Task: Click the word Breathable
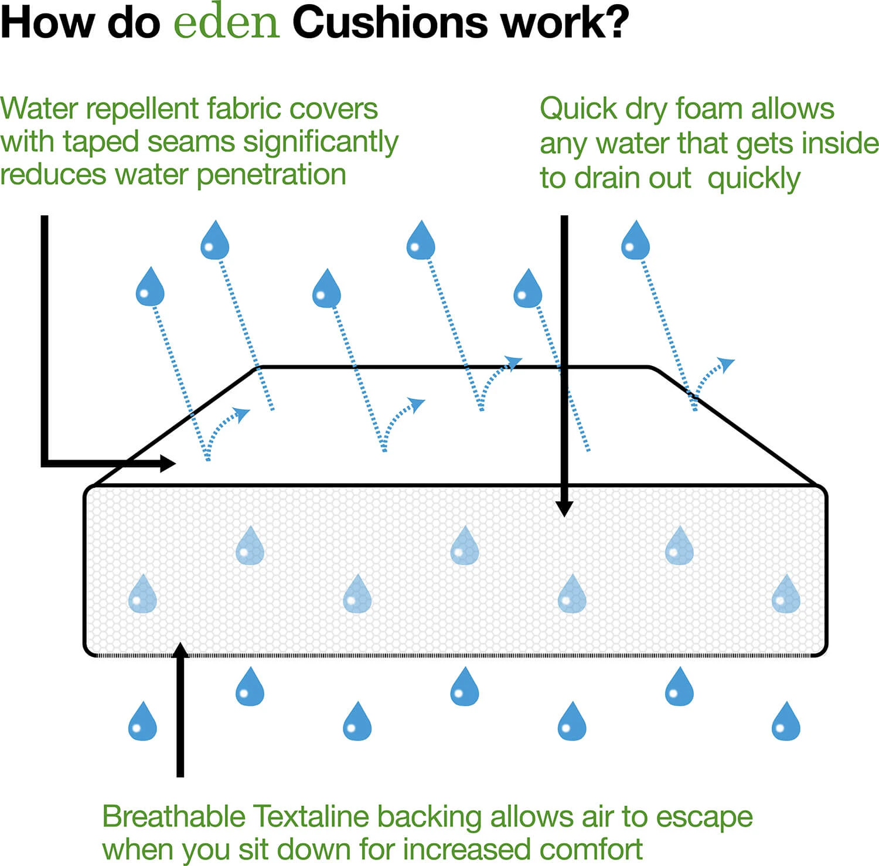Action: (174, 817)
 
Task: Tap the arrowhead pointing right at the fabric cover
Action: (169, 463)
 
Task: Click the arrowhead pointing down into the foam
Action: (564, 508)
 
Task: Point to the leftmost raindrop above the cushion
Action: (150, 288)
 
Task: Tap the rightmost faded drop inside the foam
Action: (786, 595)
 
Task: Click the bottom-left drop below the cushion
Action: (142, 722)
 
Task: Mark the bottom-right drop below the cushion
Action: (786, 722)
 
